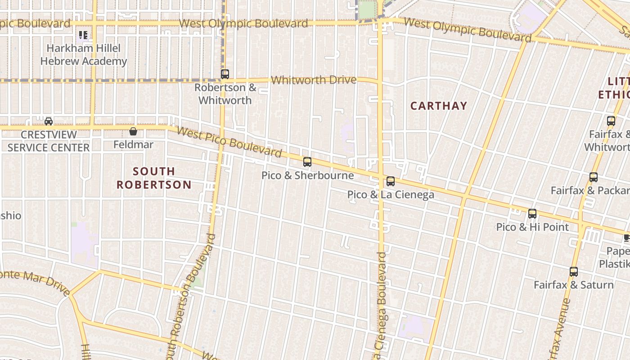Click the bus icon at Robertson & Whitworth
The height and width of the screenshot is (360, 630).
pos(225,74)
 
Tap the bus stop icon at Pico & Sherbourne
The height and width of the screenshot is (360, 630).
pos(307,162)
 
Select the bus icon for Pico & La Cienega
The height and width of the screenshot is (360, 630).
pos(391,181)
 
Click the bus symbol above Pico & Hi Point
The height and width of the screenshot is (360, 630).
pos(532,214)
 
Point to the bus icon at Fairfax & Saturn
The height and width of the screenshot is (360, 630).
pos(573,272)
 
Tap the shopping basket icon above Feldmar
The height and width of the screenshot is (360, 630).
pos(133,131)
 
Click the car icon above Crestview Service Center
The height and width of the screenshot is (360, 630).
pos(49,121)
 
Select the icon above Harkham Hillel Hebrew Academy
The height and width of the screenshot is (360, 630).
pos(83,35)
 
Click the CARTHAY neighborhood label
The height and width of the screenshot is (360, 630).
pos(439,106)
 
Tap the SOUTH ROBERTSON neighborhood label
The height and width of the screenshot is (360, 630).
pos(154,178)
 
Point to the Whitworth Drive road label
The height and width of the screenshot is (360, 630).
pos(314,80)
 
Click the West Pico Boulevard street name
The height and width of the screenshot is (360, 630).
pos(229,142)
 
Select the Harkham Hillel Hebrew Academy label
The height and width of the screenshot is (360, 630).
pos(84,54)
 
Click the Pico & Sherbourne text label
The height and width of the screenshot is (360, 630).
pos(307,175)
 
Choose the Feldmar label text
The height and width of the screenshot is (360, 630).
pos(133,144)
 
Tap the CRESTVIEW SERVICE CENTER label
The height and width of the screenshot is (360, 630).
pos(49,141)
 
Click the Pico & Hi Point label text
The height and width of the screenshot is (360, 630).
pos(532,227)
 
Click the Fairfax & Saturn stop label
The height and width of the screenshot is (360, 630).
pos(573,285)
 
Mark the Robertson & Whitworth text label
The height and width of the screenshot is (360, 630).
pos(225,94)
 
